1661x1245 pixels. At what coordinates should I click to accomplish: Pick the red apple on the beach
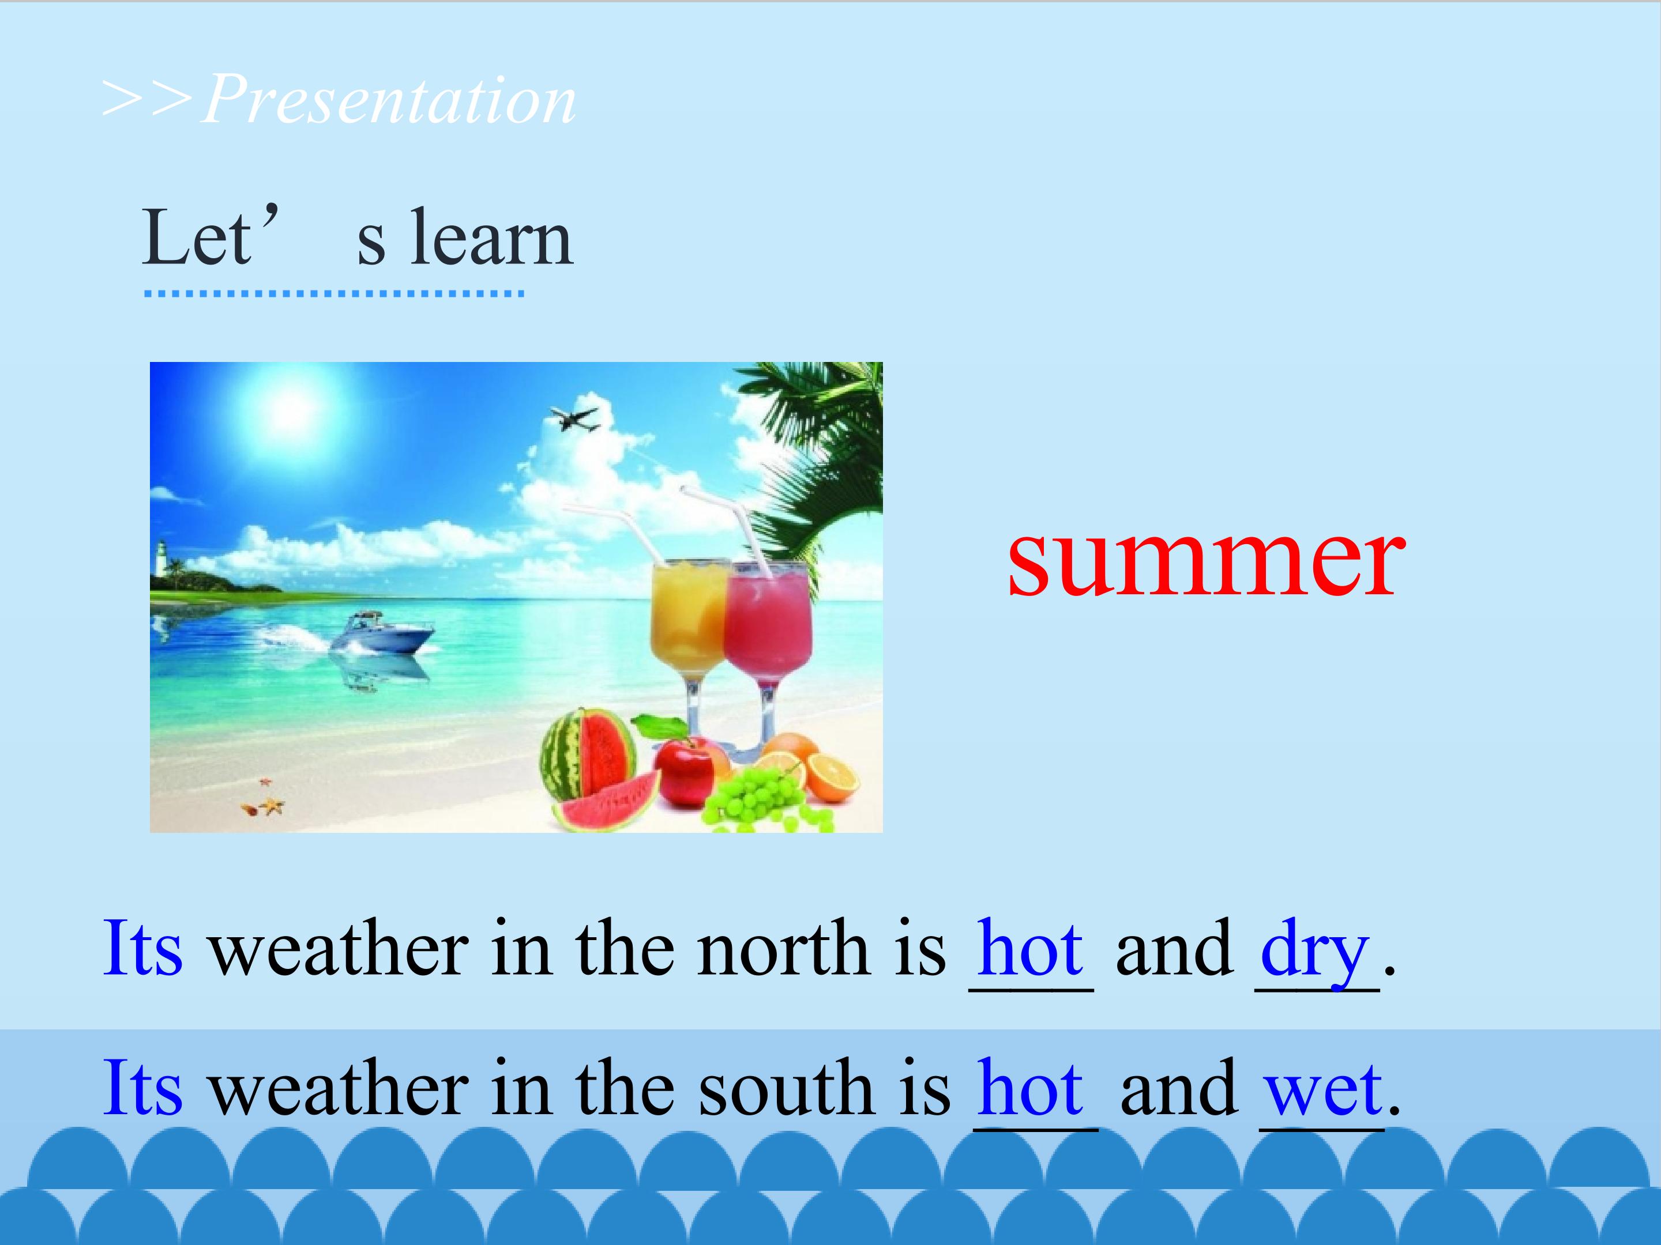[x=683, y=770]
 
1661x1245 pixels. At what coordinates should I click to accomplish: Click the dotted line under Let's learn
[x=334, y=293]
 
